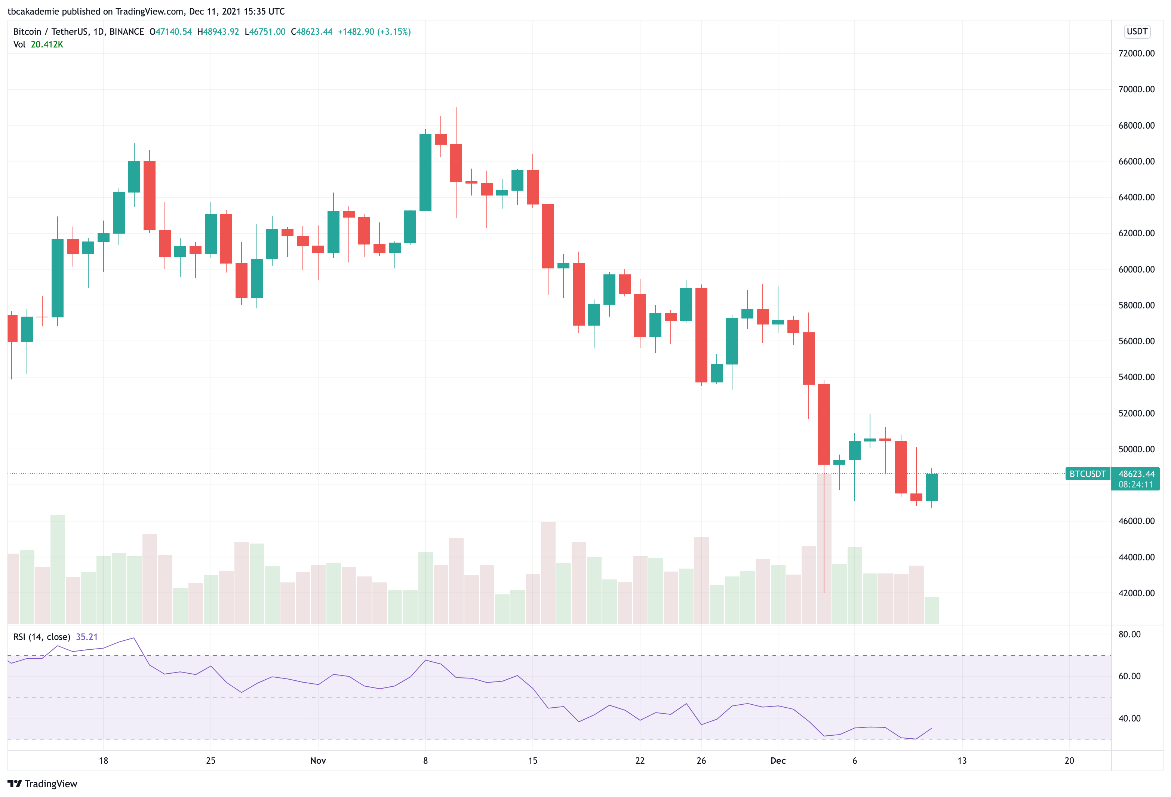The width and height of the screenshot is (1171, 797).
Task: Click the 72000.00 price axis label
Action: [1136, 53]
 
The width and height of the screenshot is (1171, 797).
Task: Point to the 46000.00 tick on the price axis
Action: [1136, 521]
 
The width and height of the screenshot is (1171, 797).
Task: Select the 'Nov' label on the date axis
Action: [318, 761]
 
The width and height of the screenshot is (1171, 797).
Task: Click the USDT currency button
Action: [1137, 31]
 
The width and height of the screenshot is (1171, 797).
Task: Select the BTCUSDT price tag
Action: [1087, 474]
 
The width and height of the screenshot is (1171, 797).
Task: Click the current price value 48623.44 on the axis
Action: [1136, 474]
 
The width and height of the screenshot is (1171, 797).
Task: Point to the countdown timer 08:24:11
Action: [1135, 484]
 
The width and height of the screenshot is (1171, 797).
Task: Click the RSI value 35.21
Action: [87, 637]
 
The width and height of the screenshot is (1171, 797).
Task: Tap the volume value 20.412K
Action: [47, 44]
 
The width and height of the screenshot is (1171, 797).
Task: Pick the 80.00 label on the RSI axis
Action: [1129, 634]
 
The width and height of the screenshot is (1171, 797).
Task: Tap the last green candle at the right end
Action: [931, 487]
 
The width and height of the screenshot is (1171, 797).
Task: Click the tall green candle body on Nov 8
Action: [425, 172]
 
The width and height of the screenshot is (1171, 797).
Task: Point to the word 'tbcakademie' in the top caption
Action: [33, 11]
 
